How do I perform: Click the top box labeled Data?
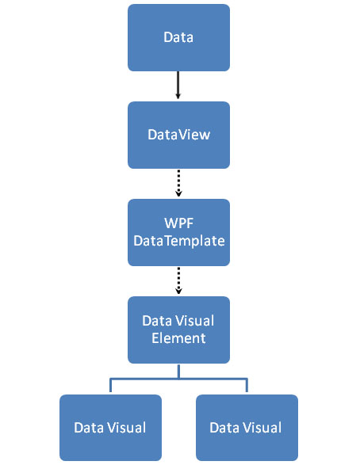tap(178, 38)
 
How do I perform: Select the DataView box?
tap(178, 135)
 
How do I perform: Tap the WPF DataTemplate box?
tap(178, 233)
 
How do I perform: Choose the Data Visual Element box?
tap(178, 330)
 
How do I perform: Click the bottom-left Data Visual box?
tap(110, 428)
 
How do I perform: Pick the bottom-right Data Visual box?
tap(247, 428)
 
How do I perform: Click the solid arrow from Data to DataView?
tap(178, 85)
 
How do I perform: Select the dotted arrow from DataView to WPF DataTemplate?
tap(178, 183)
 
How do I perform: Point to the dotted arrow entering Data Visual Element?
tap(178, 280)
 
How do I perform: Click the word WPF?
tap(179, 223)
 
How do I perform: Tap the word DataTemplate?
tap(179, 241)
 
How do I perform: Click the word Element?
tap(178, 338)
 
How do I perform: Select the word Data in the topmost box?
tap(178, 37)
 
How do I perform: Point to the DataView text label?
tap(179, 135)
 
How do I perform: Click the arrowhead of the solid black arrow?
tap(178, 96)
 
